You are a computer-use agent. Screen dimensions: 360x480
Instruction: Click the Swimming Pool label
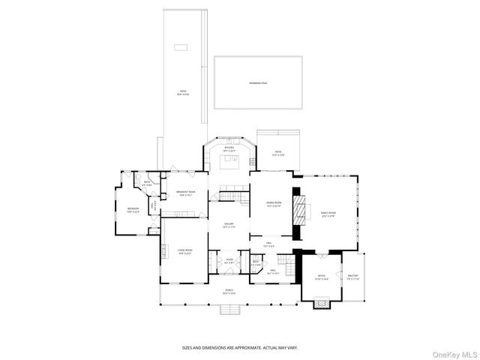pyautogui.click(x=256, y=82)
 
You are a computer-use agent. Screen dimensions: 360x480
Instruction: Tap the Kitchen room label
pyautogui.click(x=229, y=148)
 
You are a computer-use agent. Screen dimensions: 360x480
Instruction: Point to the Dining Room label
pyautogui.click(x=273, y=203)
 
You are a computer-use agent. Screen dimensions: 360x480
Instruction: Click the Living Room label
pyautogui.click(x=185, y=251)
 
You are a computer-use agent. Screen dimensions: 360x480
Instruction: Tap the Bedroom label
pyautogui.click(x=133, y=209)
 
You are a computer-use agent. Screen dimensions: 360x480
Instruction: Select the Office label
pyautogui.click(x=322, y=277)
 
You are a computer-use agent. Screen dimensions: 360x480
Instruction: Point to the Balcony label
pyautogui.click(x=352, y=277)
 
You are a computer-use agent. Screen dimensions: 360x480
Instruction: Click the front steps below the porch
pyautogui.click(x=229, y=309)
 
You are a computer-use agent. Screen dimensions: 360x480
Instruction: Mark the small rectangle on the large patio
pyautogui.click(x=181, y=47)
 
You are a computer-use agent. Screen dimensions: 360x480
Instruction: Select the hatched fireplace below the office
pyautogui.click(x=321, y=304)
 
